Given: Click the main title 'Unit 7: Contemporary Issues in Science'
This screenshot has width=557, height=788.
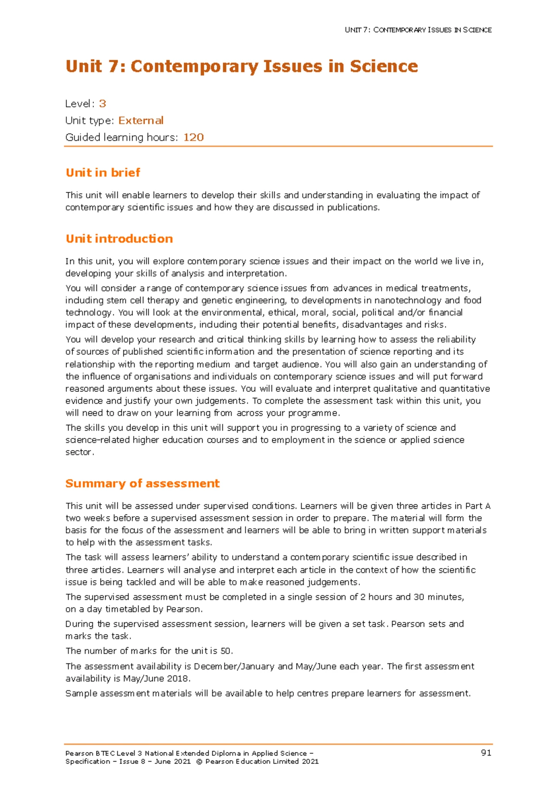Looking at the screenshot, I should tap(241, 66).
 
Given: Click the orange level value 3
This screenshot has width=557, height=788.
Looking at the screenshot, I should tap(103, 104).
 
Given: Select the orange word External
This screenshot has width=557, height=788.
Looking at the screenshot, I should tap(141, 120).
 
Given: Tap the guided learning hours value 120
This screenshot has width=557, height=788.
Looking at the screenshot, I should tap(194, 137).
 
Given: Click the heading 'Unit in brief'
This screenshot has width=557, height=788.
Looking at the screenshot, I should tap(103, 173).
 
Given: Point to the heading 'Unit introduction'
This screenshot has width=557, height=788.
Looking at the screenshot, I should tap(119, 239).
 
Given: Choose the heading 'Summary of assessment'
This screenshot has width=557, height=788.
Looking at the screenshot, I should tap(142, 484).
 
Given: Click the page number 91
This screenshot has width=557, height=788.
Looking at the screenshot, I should tap(486, 753).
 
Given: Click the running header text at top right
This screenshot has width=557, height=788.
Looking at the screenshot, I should tap(418, 30).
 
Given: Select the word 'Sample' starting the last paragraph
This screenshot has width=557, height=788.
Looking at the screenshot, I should tap(81, 693).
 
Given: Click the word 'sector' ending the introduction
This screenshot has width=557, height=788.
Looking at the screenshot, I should tap(79, 452).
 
